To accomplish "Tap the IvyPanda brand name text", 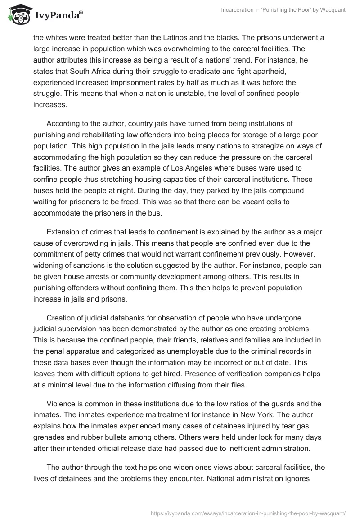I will point(56,15).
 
